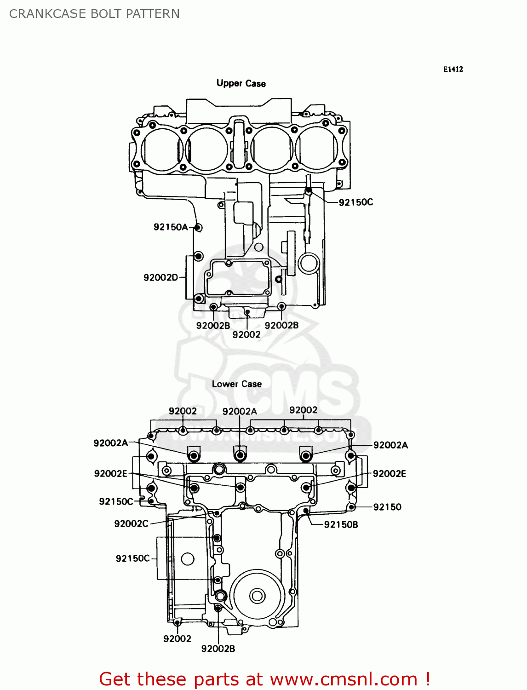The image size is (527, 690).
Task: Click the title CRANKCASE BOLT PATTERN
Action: [x=94, y=14]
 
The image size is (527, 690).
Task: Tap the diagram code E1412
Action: [x=453, y=69]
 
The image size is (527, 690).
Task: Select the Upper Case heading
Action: [x=241, y=83]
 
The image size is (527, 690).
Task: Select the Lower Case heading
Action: [x=237, y=384]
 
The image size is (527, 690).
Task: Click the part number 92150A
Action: [x=170, y=227]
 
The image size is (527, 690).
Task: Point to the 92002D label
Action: [x=160, y=277]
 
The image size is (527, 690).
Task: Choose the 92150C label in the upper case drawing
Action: [x=355, y=202]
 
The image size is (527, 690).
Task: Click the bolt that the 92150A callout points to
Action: [x=198, y=227]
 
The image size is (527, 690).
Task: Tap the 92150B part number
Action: [x=341, y=524]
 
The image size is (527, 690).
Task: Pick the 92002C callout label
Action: [x=131, y=523]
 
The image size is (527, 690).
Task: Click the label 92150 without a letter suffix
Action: [x=387, y=507]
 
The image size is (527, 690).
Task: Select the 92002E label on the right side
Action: [x=389, y=474]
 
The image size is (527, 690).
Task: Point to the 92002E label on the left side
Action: [x=110, y=474]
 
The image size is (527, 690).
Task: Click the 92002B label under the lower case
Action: [x=218, y=649]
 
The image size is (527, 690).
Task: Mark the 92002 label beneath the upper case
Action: [x=246, y=335]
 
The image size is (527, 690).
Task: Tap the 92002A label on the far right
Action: [x=390, y=445]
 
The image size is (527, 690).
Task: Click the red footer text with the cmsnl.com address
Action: [x=264, y=679]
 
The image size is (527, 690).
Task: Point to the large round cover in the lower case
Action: [x=257, y=596]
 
